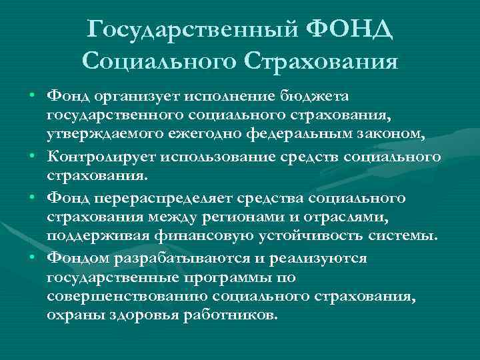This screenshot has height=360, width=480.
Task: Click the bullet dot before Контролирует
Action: point(32,157)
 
